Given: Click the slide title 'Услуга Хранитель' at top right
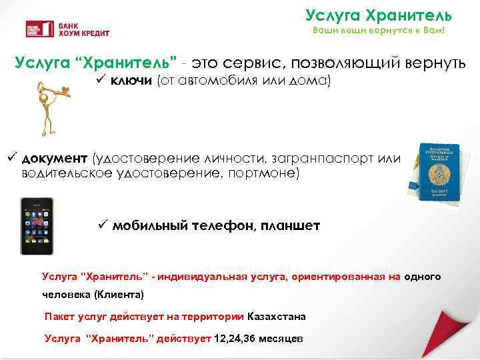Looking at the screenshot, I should tap(379, 15).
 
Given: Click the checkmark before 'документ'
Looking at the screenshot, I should tap(11, 158).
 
